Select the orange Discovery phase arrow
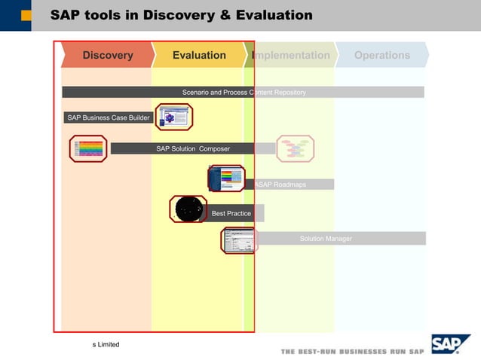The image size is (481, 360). (x=107, y=55)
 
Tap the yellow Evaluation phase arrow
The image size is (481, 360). (x=198, y=55)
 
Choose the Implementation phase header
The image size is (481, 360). (x=291, y=55)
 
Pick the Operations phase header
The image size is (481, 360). (x=381, y=55)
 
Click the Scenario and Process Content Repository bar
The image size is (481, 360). (x=244, y=92)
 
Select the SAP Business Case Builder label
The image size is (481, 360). (x=108, y=117)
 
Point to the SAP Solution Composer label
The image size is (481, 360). (x=193, y=148)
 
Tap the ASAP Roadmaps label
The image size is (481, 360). (x=280, y=185)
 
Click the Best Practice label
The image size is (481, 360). (x=231, y=213)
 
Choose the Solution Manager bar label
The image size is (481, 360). (x=326, y=239)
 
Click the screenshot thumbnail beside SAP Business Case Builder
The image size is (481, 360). (x=174, y=117)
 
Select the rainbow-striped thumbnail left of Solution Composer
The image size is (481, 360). (x=88, y=148)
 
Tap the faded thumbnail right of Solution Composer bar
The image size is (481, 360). (x=295, y=148)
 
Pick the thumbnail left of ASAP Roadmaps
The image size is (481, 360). (x=226, y=178)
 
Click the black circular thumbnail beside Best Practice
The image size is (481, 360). (x=188, y=209)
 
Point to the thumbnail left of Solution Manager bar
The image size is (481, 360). (x=237, y=240)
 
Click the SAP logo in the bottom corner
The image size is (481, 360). (x=450, y=344)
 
